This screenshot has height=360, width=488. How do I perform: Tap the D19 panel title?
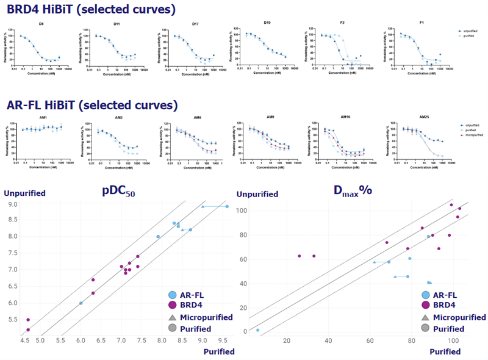tap(267, 23)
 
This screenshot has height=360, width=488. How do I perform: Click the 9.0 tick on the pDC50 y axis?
tap(13, 204)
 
